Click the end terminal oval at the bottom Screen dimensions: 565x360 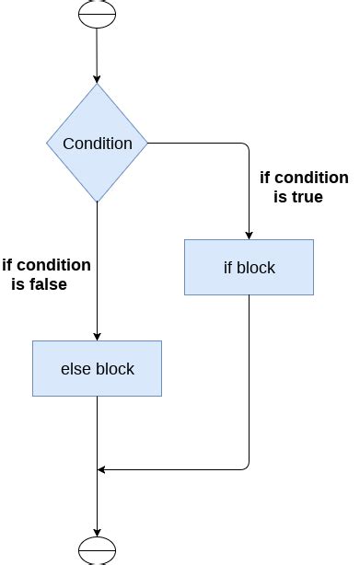(97, 550)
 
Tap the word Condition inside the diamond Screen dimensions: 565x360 (97, 144)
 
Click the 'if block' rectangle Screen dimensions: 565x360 (249, 268)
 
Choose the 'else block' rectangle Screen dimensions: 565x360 (97, 369)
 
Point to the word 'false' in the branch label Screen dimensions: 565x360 (46, 284)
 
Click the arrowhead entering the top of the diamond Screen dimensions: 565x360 (97, 80)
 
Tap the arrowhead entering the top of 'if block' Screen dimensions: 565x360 (249, 235)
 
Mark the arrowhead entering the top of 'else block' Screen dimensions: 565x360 (97, 336)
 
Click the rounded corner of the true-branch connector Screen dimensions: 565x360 (247, 145)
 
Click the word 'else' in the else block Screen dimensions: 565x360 (75, 369)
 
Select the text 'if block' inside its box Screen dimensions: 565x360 (249, 268)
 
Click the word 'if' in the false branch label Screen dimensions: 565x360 (8, 265)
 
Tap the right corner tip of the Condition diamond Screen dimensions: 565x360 (147, 144)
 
